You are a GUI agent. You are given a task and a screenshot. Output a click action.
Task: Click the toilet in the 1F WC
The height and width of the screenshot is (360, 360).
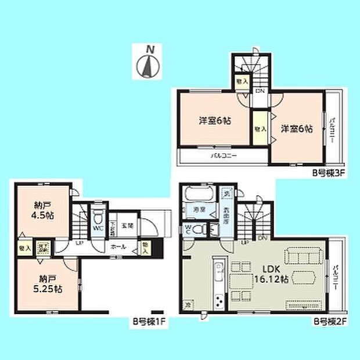coord(99,220)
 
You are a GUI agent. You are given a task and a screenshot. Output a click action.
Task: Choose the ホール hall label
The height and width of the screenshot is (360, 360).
coord(120,247)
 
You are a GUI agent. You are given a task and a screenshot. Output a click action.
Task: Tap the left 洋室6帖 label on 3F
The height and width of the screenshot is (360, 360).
coord(215,121)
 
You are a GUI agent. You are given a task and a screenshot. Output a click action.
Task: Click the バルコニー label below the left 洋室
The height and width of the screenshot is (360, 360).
coord(222,156)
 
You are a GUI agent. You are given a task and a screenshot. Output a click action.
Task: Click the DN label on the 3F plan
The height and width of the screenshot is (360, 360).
coord(261,91)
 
